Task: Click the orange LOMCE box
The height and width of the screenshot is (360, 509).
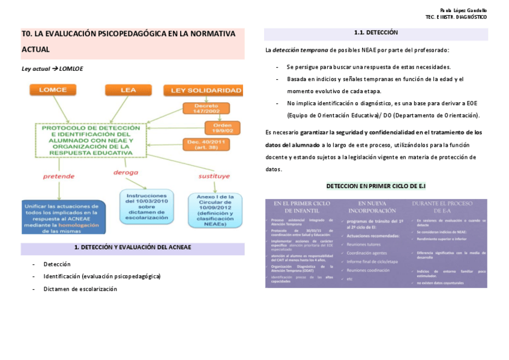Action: coord(53,90)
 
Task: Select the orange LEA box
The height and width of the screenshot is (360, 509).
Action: coord(128,90)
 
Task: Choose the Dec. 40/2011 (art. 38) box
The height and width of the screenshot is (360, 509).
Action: coord(206,145)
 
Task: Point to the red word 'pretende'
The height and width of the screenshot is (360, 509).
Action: coord(58,176)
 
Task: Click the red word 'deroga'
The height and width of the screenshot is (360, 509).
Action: coord(125,172)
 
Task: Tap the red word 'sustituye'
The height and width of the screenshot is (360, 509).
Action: coord(214,176)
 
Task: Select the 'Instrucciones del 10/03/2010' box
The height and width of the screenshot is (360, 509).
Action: coord(146,206)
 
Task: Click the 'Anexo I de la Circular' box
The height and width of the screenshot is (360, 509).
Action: coord(215,209)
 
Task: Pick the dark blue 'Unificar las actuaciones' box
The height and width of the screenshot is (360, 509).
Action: coord(63,217)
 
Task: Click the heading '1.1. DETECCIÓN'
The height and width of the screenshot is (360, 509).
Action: coord(376,32)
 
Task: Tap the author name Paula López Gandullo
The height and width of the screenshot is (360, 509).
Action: coord(463,10)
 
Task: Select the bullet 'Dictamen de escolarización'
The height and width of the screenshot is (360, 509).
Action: coord(80,289)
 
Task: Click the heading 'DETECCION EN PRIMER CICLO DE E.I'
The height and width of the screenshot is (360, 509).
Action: coord(376,186)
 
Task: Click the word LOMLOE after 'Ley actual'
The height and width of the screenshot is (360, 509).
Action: coord(71,69)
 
